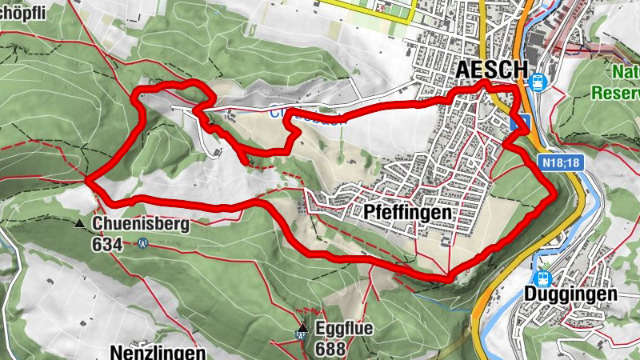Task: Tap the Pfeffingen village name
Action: pos(407,214)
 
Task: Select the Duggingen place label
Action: pos(570,294)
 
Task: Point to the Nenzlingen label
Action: pos(157,352)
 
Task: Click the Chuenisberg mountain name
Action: pos(140,224)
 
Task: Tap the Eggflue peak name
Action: pos(343,329)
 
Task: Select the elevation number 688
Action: pos(330,348)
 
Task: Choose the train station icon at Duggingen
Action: pos(544,277)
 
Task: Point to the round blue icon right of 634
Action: pos(142,243)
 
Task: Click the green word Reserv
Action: pos(615,93)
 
